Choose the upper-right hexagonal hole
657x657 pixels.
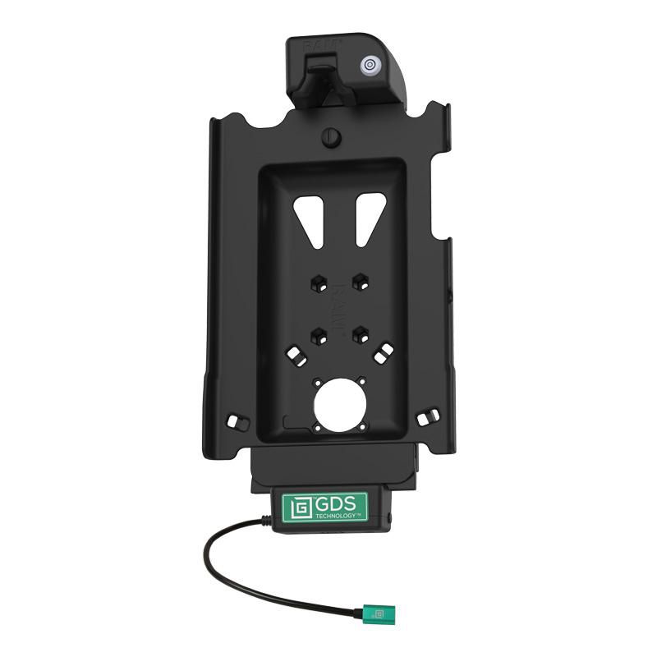(x=359, y=282)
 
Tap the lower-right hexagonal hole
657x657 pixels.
(x=359, y=333)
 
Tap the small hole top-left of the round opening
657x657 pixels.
(x=317, y=381)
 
